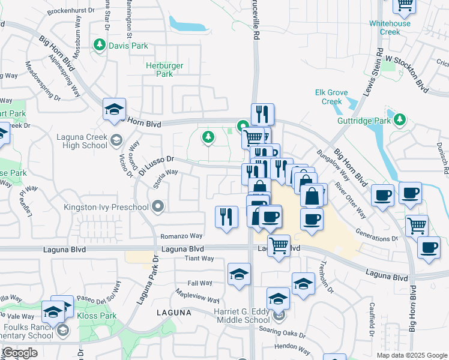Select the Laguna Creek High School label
click(82, 140)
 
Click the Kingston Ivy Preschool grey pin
click(158, 208)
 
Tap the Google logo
click(20, 353)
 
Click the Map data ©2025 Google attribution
click(412, 355)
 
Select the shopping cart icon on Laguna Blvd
click(279, 245)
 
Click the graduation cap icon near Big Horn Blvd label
click(114, 109)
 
